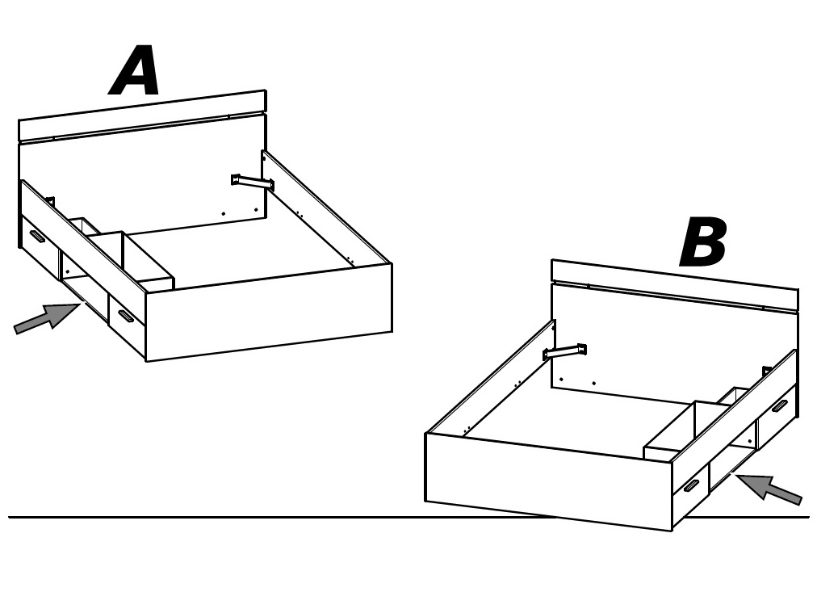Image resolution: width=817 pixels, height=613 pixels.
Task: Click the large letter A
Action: click(135, 70)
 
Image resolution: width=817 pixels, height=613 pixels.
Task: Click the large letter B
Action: click(703, 242)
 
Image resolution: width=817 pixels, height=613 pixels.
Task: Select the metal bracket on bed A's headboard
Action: click(253, 183)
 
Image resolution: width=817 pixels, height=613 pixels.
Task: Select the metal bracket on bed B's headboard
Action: click(565, 352)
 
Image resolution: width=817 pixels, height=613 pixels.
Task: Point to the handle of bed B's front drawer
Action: click(691, 486)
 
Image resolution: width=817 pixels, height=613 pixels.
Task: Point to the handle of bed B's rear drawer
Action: click(780, 406)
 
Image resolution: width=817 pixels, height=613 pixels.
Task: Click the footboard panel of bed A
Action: click(269, 313)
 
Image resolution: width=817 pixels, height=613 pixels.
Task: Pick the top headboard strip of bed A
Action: click(142, 115)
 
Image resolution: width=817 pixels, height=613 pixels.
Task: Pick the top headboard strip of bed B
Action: click(675, 286)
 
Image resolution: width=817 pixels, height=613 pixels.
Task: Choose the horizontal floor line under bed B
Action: click(408, 518)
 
